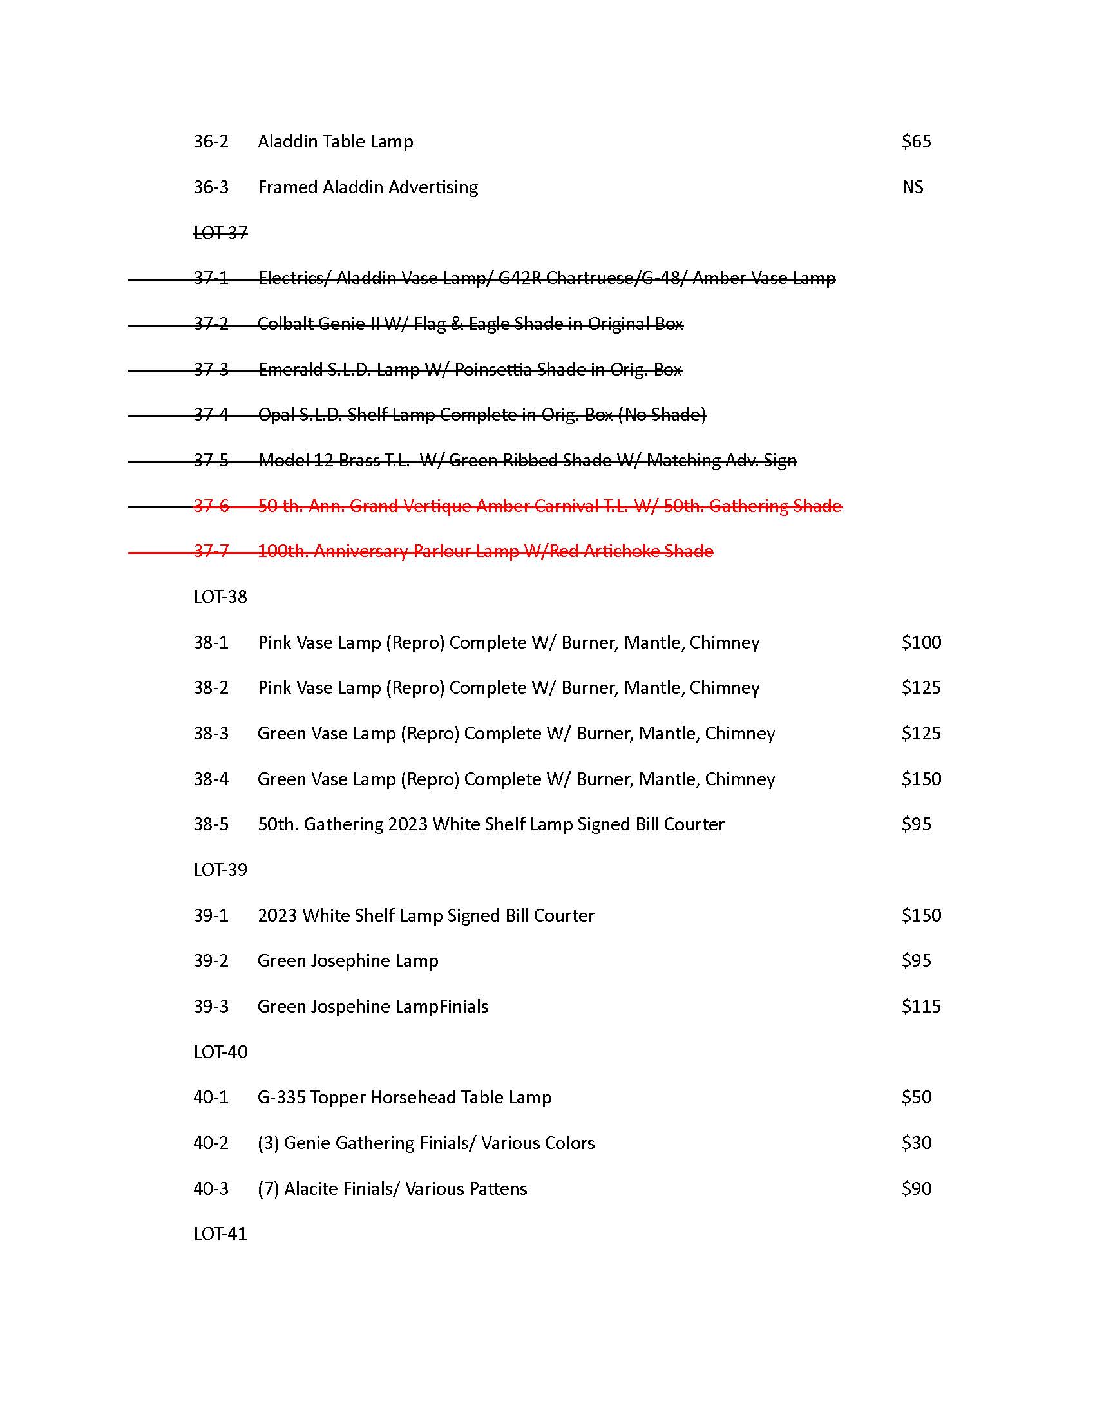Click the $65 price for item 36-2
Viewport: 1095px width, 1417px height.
click(x=916, y=142)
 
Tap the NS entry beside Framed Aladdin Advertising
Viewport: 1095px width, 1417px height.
click(x=912, y=187)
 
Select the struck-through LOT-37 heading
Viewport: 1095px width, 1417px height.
click(x=220, y=233)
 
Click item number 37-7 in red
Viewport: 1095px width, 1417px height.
click(x=211, y=551)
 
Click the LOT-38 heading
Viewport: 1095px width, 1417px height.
click(x=220, y=597)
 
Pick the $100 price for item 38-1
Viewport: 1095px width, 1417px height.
click(x=921, y=642)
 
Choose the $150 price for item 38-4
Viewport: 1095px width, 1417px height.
click(x=921, y=779)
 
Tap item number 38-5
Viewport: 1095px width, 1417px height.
click(x=211, y=824)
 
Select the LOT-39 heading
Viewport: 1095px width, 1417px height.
click(x=220, y=870)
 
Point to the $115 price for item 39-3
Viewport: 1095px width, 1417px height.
click(x=921, y=1006)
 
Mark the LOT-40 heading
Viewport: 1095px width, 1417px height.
click(x=220, y=1052)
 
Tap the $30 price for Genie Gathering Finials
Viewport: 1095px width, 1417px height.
click(x=916, y=1143)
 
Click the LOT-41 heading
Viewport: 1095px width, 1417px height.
click(x=220, y=1234)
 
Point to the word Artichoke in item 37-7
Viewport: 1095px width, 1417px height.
click(x=622, y=551)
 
